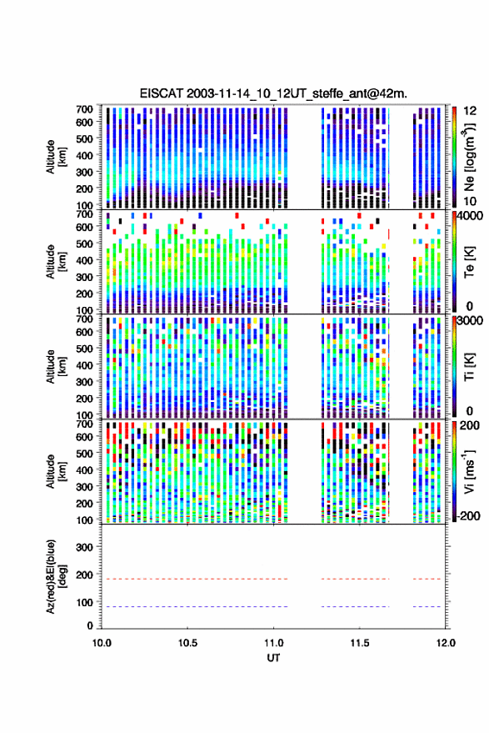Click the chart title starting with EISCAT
coord(273,93)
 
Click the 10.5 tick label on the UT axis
coord(187,643)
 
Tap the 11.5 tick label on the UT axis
coord(359,643)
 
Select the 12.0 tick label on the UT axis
coord(446,643)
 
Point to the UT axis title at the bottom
coord(273,658)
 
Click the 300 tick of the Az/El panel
coord(84,547)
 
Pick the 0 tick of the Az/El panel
coord(90,625)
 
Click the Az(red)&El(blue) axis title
coord(56,576)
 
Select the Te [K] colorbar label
coord(469,262)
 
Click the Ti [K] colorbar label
coord(469,367)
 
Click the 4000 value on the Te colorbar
coord(471,216)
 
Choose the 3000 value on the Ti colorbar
coord(471,321)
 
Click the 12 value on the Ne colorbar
coord(470,111)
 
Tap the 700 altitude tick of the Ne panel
coord(84,109)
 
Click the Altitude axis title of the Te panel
coord(56,262)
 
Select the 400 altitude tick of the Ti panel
coord(84,365)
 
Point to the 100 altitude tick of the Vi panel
coord(84,520)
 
